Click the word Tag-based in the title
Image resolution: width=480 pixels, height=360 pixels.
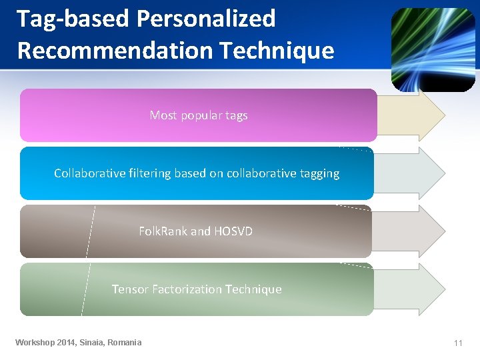(x=73, y=19)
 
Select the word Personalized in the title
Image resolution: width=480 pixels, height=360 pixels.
(x=205, y=19)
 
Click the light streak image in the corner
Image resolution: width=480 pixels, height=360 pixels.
(x=433, y=49)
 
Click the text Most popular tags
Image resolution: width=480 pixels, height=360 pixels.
(x=199, y=115)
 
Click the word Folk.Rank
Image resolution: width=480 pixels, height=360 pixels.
(x=163, y=231)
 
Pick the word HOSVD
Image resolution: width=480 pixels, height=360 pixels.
(x=233, y=231)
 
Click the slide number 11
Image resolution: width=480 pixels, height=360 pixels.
(x=458, y=343)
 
